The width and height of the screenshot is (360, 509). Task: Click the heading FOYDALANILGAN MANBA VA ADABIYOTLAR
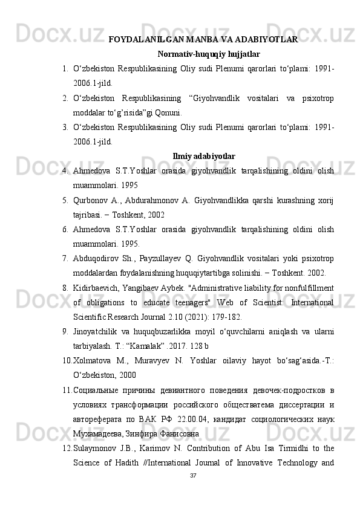coord(202,40)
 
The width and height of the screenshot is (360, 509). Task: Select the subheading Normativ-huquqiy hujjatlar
coord(204,54)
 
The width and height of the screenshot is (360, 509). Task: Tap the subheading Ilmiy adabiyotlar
coord(204,157)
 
